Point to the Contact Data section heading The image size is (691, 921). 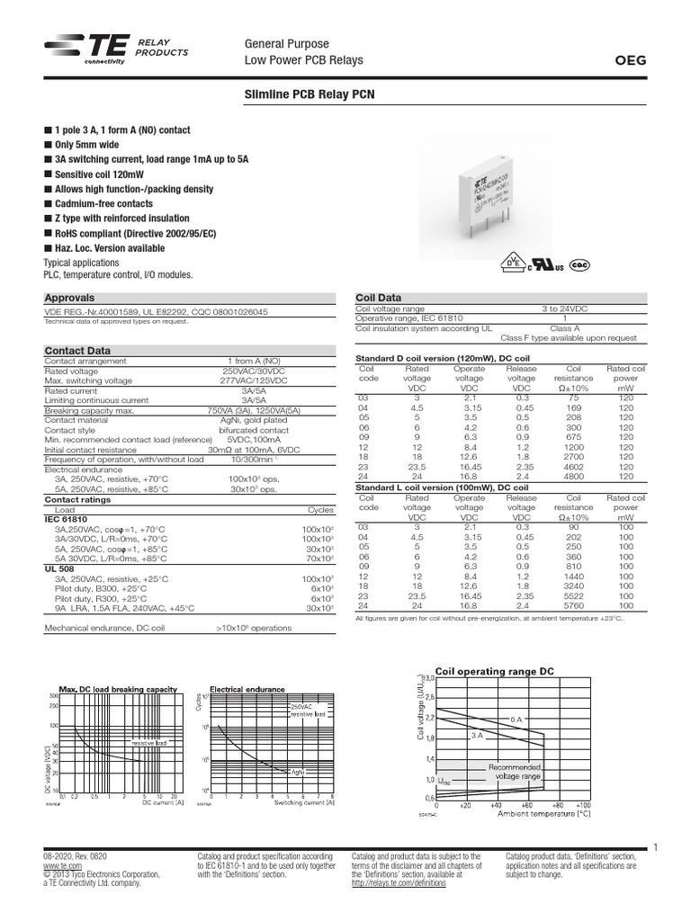coord(78,351)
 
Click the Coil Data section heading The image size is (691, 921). coord(379,298)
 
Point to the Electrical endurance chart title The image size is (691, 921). coord(247,690)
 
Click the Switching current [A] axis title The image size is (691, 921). coord(304,803)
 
